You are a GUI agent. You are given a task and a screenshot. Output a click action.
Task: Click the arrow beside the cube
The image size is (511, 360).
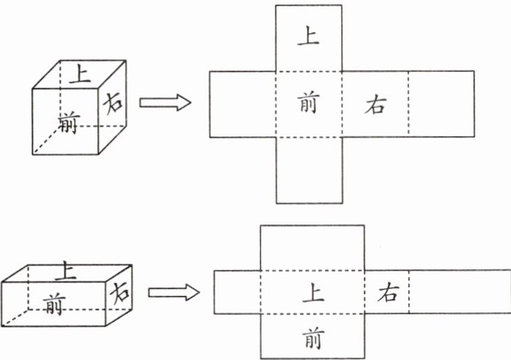point(165,103)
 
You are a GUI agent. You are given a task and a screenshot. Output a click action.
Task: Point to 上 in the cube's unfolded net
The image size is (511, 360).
point(308,36)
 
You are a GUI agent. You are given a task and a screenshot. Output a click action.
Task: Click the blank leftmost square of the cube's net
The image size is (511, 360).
point(243,103)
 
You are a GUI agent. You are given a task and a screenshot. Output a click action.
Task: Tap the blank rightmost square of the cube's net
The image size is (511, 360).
point(440,103)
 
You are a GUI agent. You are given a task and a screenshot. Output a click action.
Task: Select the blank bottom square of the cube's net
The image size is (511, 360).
point(308,170)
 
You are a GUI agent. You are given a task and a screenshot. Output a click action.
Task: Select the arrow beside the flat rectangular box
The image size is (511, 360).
point(172,292)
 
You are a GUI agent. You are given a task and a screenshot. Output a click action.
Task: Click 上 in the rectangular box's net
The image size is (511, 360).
point(312,292)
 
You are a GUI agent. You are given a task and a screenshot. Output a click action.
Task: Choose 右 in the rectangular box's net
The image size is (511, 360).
point(387,293)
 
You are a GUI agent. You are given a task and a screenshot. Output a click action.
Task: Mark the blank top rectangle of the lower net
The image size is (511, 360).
point(312,247)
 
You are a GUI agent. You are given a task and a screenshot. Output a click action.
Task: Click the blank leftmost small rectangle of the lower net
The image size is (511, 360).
point(236,292)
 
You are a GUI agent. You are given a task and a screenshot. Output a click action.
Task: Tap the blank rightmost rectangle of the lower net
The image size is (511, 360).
point(459,292)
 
